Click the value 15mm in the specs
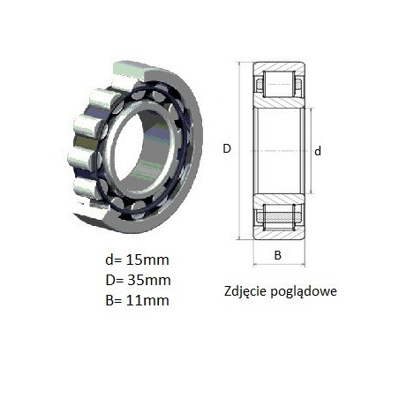(x=147, y=260)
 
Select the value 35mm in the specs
(x=149, y=280)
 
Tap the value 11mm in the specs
(x=147, y=300)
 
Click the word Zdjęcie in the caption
(x=245, y=291)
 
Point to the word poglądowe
(x=304, y=291)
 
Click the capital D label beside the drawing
(x=227, y=148)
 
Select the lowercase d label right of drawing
(x=318, y=151)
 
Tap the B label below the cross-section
(x=278, y=255)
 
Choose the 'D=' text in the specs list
(x=114, y=280)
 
